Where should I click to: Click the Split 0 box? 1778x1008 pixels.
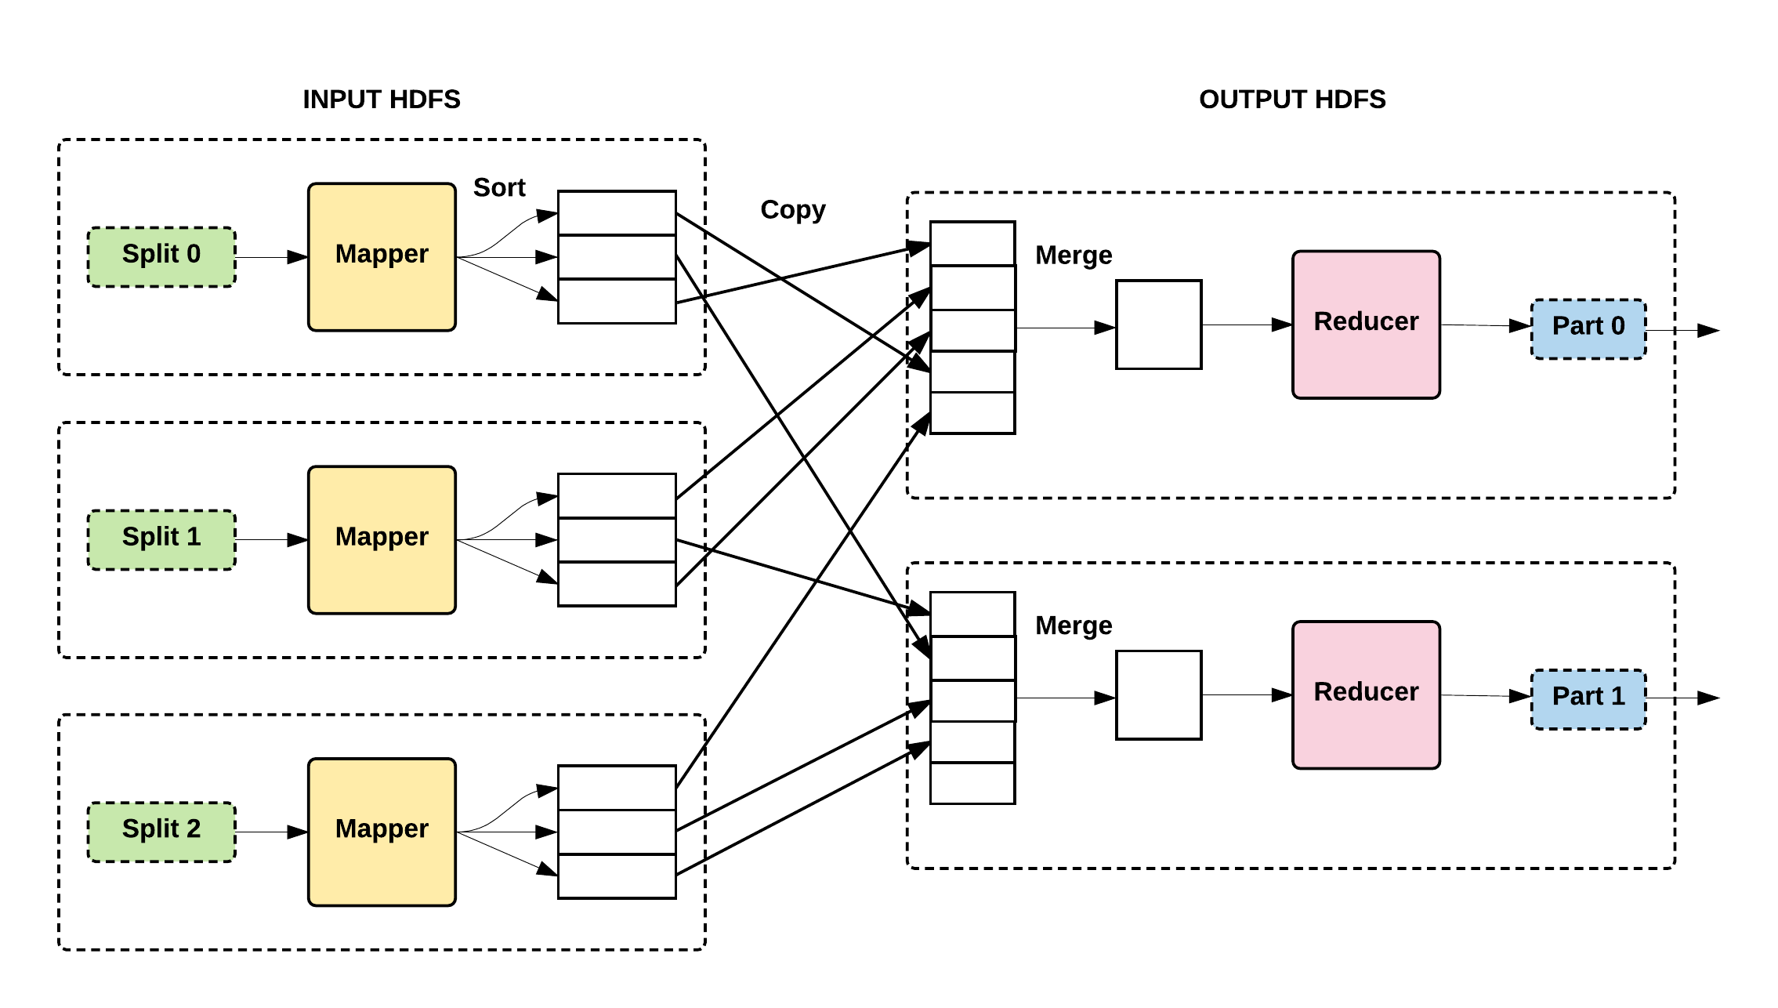(161, 256)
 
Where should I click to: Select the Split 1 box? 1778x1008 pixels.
(161, 539)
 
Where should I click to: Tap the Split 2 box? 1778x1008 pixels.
(161, 832)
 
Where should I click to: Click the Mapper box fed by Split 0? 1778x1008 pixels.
(382, 256)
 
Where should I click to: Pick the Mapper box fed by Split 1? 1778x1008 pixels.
(382, 539)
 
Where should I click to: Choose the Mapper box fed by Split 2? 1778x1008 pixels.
(382, 832)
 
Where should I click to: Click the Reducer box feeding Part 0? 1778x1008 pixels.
(1366, 324)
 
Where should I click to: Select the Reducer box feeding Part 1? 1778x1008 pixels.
(1366, 694)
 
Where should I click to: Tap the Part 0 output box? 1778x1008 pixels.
(1588, 328)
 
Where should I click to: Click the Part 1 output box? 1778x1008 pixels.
(1588, 698)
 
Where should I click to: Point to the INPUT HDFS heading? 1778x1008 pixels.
(382, 100)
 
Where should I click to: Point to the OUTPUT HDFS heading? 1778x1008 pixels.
(1292, 100)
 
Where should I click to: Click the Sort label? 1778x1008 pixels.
(499, 188)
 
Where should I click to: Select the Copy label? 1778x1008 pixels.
(792, 210)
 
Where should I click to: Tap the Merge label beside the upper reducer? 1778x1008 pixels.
(1074, 256)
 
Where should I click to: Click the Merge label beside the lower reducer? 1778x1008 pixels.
(1074, 625)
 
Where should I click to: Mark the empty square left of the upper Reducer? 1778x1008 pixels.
(1158, 324)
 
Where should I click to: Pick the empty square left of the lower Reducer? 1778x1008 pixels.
(1158, 694)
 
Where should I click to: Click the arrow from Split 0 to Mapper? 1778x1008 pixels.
(271, 257)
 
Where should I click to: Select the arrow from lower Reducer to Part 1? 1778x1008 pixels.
(1485, 695)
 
